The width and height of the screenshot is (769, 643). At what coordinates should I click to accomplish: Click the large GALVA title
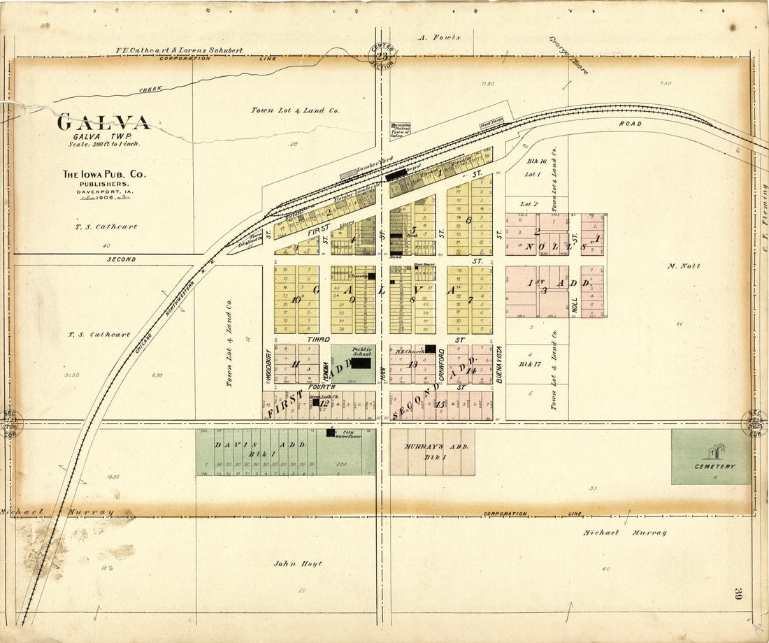tap(103, 123)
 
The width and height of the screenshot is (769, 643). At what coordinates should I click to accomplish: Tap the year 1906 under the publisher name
tap(103, 198)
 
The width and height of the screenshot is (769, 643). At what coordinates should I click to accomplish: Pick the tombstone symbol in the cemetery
tap(714, 452)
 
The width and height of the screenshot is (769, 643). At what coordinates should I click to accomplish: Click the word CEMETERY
tap(714, 466)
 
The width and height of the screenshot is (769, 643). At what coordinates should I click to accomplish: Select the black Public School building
tap(361, 363)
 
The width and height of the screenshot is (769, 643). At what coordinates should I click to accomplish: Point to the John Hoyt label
tap(297, 563)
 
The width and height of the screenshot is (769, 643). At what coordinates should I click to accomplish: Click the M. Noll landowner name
tap(683, 266)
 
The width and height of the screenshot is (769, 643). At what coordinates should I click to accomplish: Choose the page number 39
tap(738, 595)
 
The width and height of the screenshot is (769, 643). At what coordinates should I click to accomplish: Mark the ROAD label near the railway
tap(629, 124)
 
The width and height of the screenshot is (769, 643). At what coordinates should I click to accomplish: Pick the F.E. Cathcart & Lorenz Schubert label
tap(179, 50)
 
